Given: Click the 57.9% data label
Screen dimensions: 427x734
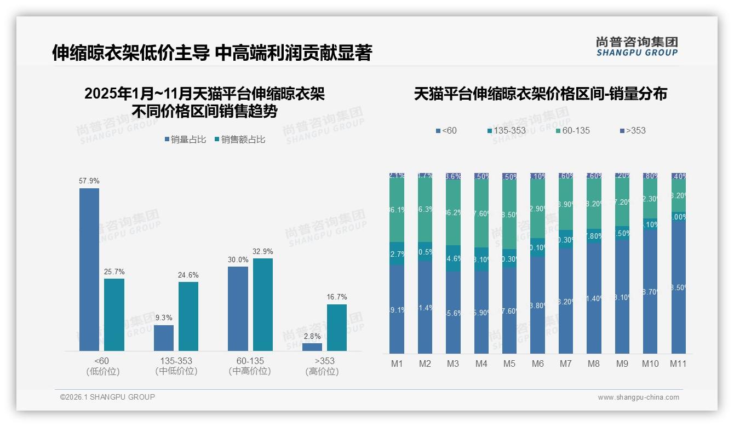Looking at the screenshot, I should [89, 181].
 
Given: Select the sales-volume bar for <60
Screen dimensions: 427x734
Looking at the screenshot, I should [89, 269].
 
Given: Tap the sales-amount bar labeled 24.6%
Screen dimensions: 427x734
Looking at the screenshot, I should [188, 316].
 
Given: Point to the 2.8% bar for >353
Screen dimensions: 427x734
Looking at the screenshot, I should [312, 347].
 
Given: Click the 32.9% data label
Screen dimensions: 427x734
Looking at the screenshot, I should [263, 251].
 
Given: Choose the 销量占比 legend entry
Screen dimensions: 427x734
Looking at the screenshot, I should [185, 140].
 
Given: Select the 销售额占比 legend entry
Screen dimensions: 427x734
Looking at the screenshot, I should [240, 140].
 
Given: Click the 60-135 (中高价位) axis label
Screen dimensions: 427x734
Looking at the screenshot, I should [250, 366].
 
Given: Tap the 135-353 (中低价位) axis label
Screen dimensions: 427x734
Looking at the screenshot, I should [176, 366].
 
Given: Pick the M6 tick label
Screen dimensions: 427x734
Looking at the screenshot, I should [537, 363].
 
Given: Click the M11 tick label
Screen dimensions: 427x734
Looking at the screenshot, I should [678, 363].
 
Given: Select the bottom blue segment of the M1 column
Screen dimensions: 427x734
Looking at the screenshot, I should [397, 309].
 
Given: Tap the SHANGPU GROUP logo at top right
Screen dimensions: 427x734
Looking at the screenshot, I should [636, 46].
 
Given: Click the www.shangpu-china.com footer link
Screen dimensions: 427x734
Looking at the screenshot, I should [638, 397].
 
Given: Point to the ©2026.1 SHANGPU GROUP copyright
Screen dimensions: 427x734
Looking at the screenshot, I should [107, 397].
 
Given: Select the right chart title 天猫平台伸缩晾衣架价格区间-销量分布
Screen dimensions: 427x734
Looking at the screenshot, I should [540, 94].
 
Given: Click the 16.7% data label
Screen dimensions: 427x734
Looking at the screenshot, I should [337, 297].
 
